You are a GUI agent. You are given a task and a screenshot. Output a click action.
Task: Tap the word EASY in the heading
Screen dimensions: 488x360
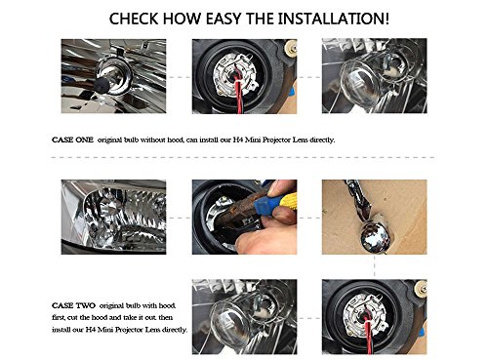[224, 19]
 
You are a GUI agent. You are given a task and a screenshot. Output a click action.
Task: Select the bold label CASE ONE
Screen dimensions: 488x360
[72, 140]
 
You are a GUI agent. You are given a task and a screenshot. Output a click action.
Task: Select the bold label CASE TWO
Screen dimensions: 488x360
[73, 305]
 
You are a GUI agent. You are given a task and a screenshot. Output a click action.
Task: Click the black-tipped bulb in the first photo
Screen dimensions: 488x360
[102, 85]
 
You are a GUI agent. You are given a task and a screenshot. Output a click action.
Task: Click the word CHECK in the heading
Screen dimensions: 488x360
[134, 19]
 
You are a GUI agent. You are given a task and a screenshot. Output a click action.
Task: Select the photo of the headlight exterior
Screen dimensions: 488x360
[113, 217]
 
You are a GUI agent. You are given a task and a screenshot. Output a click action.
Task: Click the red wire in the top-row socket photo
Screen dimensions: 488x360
[239, 95]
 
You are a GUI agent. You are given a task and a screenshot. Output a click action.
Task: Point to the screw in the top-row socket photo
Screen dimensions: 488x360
[291, 47]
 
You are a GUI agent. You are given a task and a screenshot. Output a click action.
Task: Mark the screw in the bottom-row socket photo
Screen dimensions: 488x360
[421, 288]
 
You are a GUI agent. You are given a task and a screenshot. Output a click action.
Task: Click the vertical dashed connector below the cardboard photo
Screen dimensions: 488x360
[375, 266]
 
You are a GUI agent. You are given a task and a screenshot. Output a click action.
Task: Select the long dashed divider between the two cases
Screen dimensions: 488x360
[243, 157]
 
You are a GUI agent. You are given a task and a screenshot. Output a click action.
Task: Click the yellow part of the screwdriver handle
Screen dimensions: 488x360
[288, 201]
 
